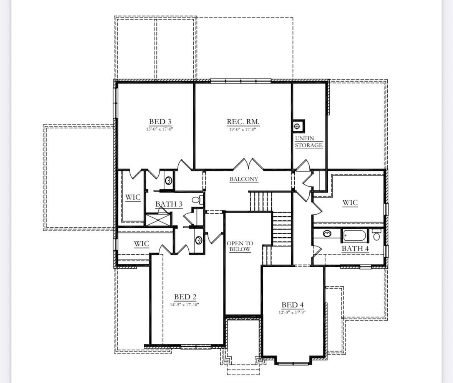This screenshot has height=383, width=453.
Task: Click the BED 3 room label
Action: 160,122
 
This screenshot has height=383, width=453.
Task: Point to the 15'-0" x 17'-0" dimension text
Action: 159,129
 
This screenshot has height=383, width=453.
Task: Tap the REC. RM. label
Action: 243,122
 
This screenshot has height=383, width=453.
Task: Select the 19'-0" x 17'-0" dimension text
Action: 243,130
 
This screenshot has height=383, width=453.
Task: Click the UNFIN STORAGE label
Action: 309,142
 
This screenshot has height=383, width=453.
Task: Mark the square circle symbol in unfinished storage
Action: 297,126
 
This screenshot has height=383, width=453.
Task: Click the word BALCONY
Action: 244,179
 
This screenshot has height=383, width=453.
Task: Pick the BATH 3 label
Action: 169,204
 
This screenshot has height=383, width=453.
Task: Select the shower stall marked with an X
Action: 158,220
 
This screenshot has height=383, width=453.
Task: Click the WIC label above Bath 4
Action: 350,202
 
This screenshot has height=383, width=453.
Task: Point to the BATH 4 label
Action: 355,248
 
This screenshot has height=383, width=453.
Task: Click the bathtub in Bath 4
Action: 354,235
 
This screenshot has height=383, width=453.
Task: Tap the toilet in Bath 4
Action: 376,235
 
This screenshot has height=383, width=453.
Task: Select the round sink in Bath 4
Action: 327,233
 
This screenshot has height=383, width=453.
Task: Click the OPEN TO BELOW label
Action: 240,247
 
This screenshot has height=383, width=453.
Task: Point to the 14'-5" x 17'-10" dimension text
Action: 184,305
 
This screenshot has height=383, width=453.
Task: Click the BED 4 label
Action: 293,305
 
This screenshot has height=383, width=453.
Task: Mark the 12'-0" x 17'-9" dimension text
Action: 292,312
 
